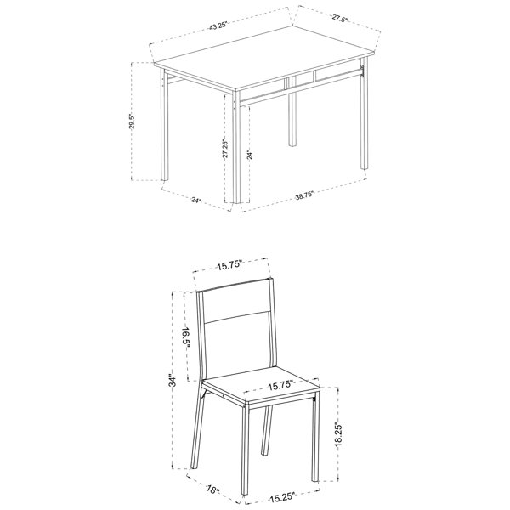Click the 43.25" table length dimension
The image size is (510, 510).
[218, 25]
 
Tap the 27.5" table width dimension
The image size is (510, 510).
[340, 19]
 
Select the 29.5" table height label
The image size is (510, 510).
[132, 122]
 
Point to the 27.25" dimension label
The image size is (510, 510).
[225, 149]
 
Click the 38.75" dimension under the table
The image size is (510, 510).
[304, 195]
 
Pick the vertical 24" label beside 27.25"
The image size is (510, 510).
[249, 156]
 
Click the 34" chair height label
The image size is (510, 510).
[173, 381]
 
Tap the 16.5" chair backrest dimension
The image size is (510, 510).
[185, 338]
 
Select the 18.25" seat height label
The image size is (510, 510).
[338, 434]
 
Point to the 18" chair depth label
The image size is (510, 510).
[213, 490]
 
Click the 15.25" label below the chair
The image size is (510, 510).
[282, 497]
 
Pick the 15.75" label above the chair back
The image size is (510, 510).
[230, 265]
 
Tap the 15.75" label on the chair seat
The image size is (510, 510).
[280, 385]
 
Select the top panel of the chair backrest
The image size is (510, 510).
[236, 301]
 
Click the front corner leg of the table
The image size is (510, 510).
[237, 147]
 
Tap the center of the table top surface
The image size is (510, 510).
[265, 59]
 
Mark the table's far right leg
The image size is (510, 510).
[364, 114]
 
